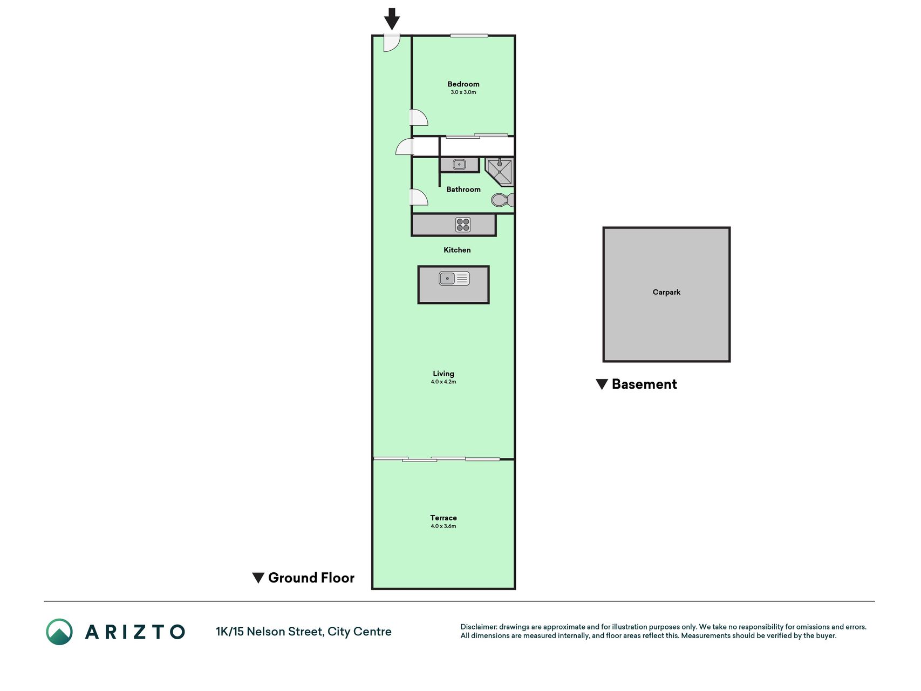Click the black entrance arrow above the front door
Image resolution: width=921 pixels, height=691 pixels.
coord(392,19)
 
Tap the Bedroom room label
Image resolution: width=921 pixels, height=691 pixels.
coord(463,84)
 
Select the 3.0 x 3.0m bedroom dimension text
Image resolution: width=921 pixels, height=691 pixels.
coord(463,92)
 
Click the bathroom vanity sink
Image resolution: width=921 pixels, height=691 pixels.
coord(459,164)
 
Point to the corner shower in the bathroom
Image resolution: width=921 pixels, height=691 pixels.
coord(500,172)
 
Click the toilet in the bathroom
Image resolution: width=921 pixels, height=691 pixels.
coord(503,200)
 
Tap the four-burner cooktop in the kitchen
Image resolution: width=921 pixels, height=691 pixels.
coord(463,225)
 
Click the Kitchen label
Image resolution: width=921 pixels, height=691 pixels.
coord(457,250)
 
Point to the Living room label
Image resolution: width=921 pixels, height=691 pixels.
coord(444,374)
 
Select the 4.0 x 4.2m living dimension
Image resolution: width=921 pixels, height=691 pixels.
coord(444,382)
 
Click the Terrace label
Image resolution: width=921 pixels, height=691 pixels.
coord(444,518)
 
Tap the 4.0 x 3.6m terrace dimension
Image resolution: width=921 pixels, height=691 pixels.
coord(444,526)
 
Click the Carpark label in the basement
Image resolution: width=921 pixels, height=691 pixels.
coord(666,292)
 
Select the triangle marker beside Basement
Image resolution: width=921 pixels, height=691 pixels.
coord(602,384)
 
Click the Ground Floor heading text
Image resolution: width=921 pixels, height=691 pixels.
coord(311,578)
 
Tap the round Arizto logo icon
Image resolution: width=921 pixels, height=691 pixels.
coord(59,632)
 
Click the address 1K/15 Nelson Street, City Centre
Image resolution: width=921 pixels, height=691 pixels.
coord(304,632)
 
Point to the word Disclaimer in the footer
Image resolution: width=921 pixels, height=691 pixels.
coord(479,627)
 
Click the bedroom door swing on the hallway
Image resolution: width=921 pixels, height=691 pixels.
coord(419,118)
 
